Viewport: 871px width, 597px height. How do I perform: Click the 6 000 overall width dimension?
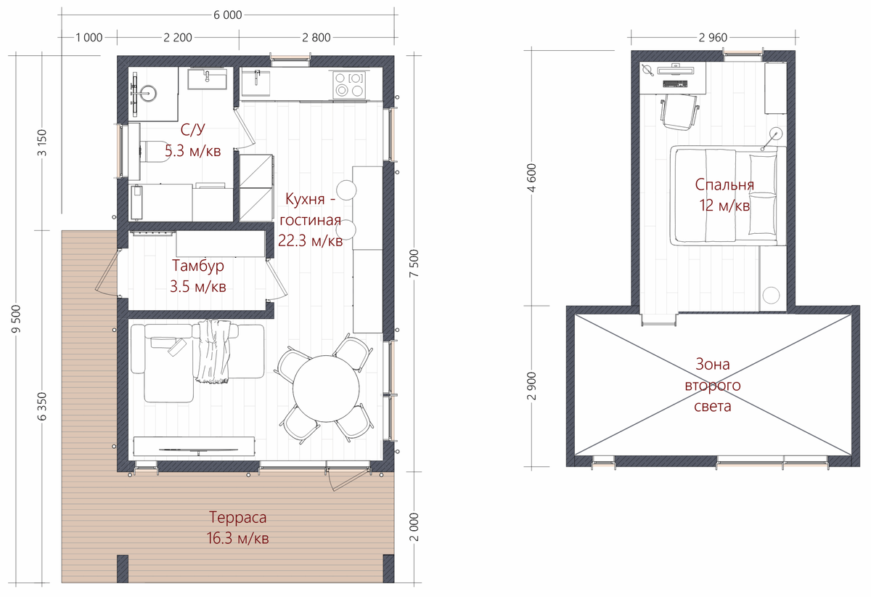point(228,15)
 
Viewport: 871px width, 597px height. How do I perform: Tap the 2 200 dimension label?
point(178,37)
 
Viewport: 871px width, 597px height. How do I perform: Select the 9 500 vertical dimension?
point(16,319)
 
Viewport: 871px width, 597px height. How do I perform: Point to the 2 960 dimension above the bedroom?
point(713,37)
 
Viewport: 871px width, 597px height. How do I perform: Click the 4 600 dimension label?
point(532,177)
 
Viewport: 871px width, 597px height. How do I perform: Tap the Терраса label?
point(237,517)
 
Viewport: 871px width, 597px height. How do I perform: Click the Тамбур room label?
point(198,265)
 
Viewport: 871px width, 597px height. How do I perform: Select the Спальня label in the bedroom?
point(724,184)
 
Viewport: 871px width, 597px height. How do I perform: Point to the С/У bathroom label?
point(193,129)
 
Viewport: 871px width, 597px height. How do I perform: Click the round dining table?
point(326,389)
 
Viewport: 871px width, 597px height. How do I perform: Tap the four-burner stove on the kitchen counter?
point(349,85)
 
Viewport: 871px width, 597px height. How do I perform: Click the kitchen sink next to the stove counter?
point(255,83)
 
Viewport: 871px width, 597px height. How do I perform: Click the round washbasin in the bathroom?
point(148,94)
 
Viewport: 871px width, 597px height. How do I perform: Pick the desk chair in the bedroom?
point(679,112)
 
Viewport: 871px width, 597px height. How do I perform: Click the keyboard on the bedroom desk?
point(675,84)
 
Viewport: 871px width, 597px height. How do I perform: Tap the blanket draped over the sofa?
point(212,352)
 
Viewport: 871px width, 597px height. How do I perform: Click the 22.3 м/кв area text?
point(311,241)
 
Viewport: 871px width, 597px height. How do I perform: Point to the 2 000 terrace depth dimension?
point(414,527)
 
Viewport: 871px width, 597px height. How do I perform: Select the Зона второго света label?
point(713,385)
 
